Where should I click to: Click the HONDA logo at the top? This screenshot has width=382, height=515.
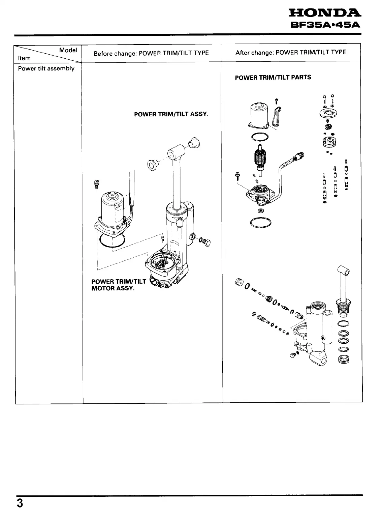pyautogui.click(x=323, y=13)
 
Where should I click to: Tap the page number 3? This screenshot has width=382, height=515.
pyautogui.click(x=20, y=503)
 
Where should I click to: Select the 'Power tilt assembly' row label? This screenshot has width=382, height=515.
pyautogui.click(x=46, y=68)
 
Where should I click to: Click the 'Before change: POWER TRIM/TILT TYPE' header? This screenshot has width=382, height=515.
pyautogui.click(x=151, y=53)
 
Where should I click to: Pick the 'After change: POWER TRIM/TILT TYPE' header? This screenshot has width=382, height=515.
pyautogui.click(x=290, y=52)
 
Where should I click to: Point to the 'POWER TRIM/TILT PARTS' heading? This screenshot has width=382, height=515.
pyautogui.click(x=273, y=77)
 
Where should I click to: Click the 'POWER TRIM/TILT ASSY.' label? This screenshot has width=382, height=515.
pyautogui.click(x=171, y=114)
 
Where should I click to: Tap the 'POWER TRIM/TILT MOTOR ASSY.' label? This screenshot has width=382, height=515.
pyautogui.click(x=119, y=285)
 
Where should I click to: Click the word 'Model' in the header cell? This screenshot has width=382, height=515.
pyautogui.click(x=68, y=50)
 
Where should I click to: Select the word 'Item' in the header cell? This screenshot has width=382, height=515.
pyautogui.click(x=24, y=58)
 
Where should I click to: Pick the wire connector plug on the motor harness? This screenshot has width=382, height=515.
pyautogui.click(x=299, y=156)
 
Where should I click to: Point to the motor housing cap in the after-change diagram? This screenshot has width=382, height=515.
pyautogui.click(x=259, y=115)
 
